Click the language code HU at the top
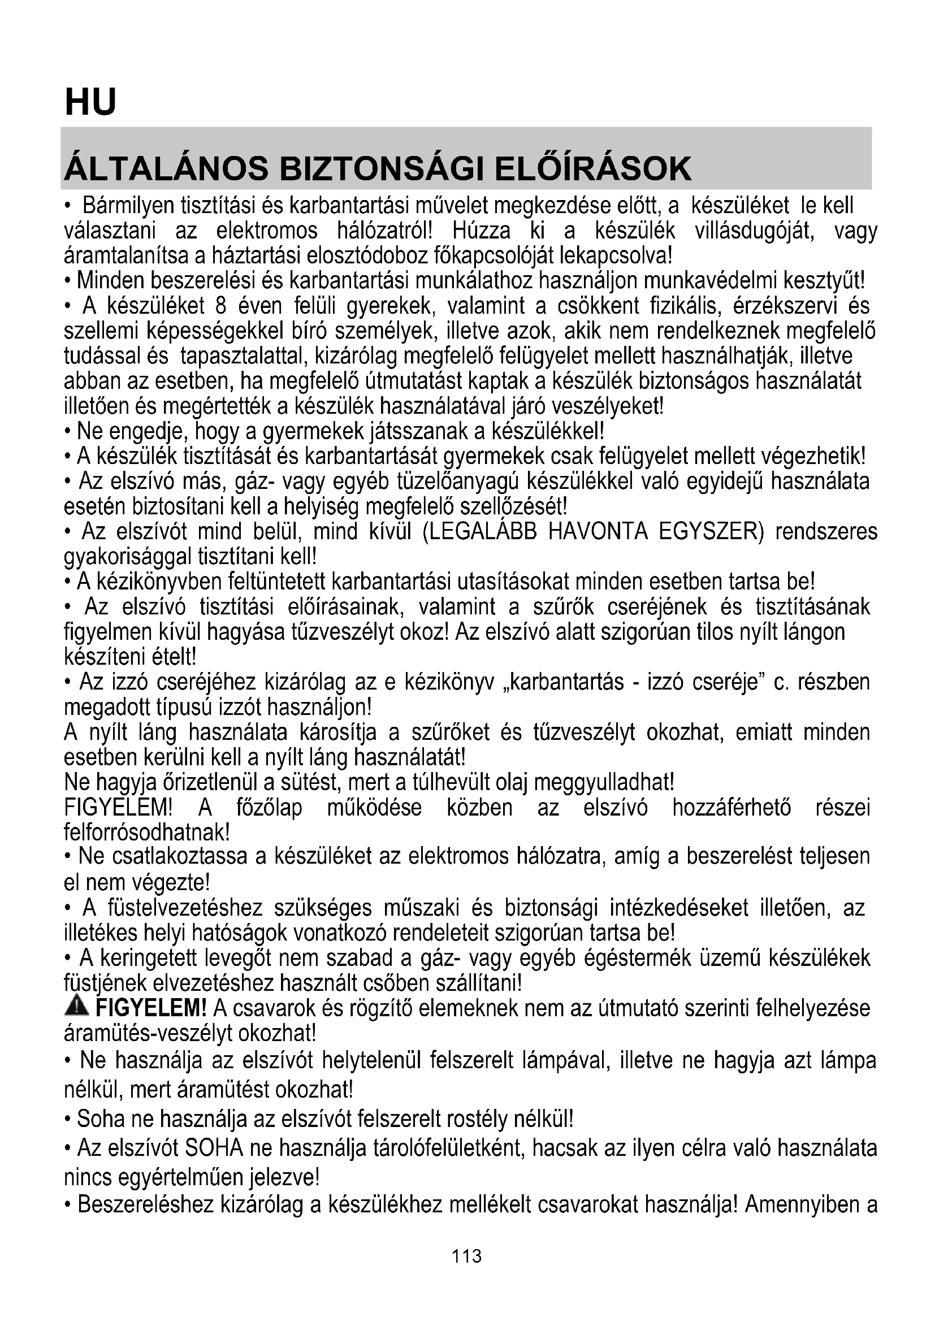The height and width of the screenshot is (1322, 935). click(90, 102)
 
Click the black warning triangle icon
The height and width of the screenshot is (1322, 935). click(77, 1006)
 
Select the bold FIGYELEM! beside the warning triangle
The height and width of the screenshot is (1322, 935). click(151, 1008)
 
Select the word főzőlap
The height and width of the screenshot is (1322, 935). click(269, 807)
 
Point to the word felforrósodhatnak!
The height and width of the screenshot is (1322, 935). click(147, 832)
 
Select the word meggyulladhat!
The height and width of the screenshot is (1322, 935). click(604, 782)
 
